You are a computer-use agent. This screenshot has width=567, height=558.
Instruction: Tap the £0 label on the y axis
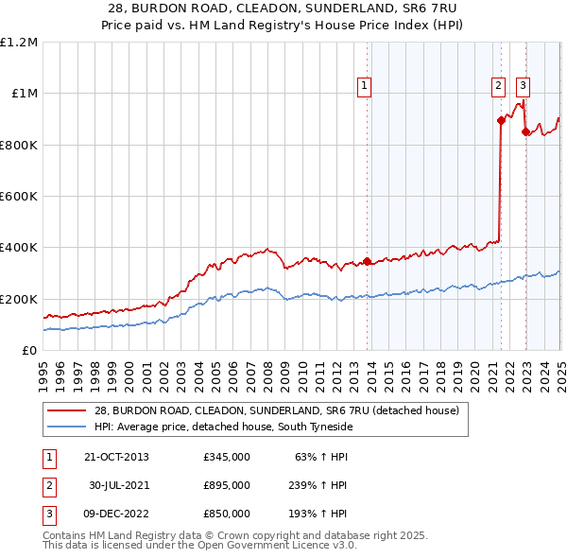[x=28, y=351]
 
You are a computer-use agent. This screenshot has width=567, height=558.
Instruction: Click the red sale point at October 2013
[x=368, y=262]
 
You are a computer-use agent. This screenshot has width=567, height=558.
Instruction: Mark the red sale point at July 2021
[x=501, y=120]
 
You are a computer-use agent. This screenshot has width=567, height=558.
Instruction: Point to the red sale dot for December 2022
[x=524, y=132]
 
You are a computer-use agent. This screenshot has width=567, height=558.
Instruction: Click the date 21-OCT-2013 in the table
[x=116, y=457]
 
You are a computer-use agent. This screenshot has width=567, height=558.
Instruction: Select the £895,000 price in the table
[x=227, y=485]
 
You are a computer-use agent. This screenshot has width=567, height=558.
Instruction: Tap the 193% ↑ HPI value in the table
[x=319, y=514]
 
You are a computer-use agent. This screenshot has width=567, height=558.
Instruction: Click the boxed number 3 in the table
[x=46, y=514]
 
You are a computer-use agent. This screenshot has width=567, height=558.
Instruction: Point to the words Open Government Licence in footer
[x=283, y=546]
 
